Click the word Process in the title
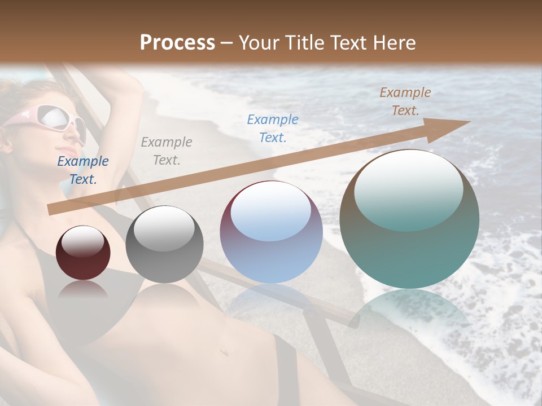pyautogui.click(x=177, y=43)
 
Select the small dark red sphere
pyautogui.click(x=83, y=253)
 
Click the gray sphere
pyautogui.click(x=164, y=244)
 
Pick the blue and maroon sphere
pyautogui.click(x=271, y=232)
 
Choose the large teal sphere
pyautogui.click(x=409, y=219)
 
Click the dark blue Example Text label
pyautogui.click(x=83, y=170)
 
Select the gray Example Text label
pyautogui.click(x=167, y=151)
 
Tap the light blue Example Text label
pyautogui.click(x=273, y=128)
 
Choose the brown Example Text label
pyautogui.click(x=405, y=101)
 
